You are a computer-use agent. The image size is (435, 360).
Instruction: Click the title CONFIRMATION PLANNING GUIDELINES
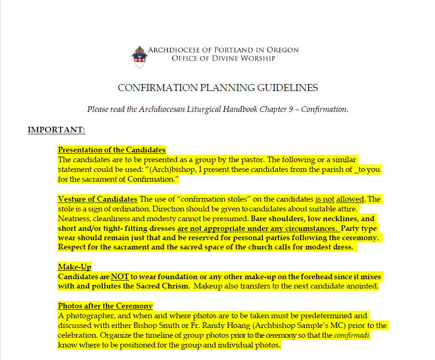click(x=217, y=88)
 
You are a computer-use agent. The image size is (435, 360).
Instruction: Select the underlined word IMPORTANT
click(x=56, y=130)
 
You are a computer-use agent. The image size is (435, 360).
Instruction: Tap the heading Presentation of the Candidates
click(x=112, y=150)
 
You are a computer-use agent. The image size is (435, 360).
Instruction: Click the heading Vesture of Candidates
click(x=97, y=199)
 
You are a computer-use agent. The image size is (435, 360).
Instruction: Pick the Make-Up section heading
click(x=74, y=267)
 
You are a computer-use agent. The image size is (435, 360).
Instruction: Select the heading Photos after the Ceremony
click(x=105, y=306)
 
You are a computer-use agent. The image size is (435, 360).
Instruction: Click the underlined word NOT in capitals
click(x=119, y=277)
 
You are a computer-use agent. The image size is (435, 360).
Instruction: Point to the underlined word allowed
click(x=350, y=199)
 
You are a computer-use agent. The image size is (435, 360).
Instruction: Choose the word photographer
click(x=86, y=315)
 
